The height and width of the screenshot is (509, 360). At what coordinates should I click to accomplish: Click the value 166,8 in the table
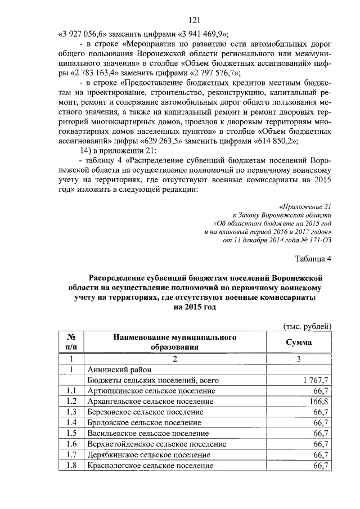[317, 401]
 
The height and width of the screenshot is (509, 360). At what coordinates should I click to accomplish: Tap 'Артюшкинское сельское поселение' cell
[151, 391]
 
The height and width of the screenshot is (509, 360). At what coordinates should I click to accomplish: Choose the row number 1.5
[71, 433]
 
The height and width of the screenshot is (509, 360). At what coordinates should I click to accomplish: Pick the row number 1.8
[71, 465]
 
